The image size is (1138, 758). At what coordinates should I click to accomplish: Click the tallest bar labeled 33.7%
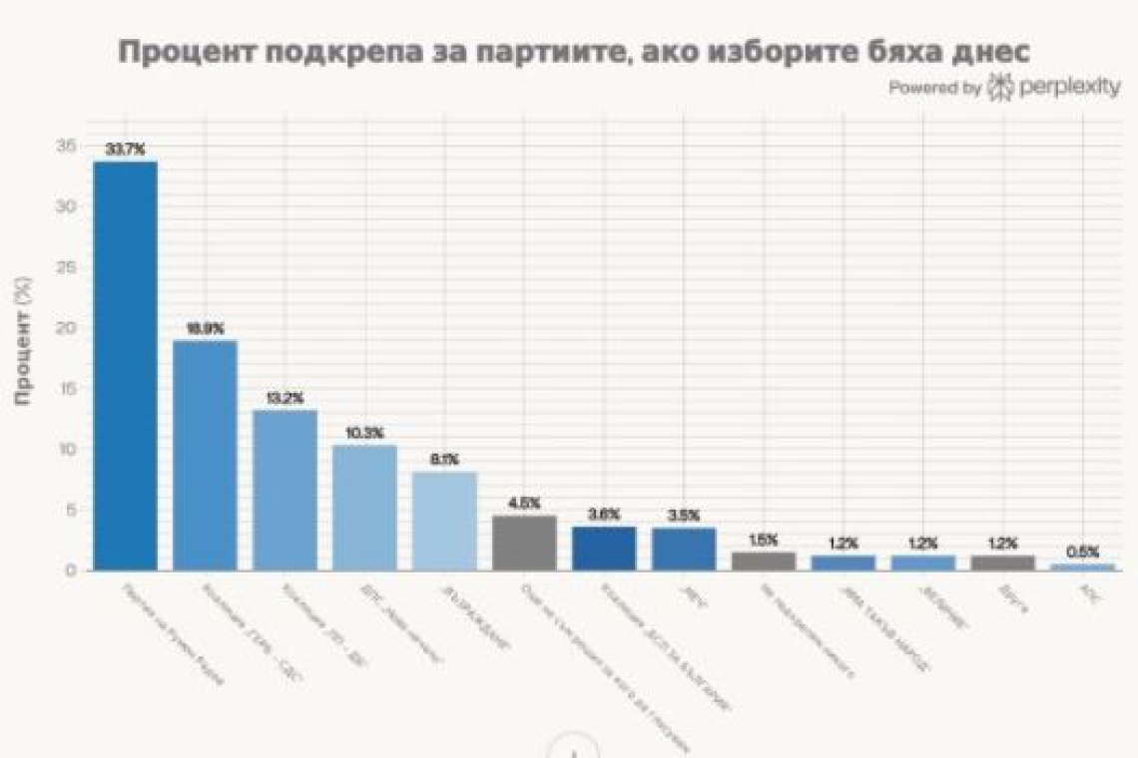pyautogui.click(x=125, y=365)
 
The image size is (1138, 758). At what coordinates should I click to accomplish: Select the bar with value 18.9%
pyautogui.click(x=205, y=455)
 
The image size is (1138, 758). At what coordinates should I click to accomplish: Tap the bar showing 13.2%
pyautogui.click(x=284, y=490)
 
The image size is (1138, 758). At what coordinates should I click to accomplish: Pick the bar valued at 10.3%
pyautogui.click(x=364, y=507)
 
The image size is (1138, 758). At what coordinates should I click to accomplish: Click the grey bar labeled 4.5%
pyautogui.click(x=524, y=543)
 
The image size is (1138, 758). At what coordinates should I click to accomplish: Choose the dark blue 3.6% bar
pyautogui.click(x=604, y=549)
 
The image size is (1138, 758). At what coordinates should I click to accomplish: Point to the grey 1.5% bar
pyautogui.click(x=764, y=561)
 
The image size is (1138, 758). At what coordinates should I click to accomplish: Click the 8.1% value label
pyautogui.click(x=444, y=460)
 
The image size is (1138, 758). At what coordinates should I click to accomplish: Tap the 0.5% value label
pyautogui.click(x=1082, y=552)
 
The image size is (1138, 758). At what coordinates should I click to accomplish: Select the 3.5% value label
pyautogui.click(x=684, y=516)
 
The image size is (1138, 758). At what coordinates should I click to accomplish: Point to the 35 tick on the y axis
pyautogui.click(x=66, y=147)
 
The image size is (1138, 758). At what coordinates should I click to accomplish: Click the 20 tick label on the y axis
pyautogui.click(x=66, y=328)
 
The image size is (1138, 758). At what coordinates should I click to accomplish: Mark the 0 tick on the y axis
pyautogui.click(x=71, y=570)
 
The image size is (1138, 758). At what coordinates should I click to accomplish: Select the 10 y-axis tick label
pyautogui.click(x=66, y=449)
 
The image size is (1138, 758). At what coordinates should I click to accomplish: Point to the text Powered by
pyautogui.click(x=934, y=88)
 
